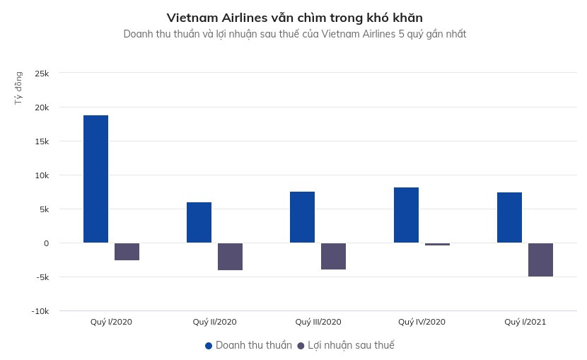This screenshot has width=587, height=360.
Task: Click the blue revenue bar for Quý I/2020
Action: pyautogui.click(x=95, y=179)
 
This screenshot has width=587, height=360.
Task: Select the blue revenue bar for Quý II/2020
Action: pyautogui.click(x=199, y=222)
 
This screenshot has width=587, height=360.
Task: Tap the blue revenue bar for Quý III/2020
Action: pyautogui.click(x=302, y=217)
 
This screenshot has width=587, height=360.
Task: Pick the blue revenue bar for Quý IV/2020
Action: pyautogui.click(x=406, y=215)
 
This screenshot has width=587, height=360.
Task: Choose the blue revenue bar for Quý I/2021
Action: pyautogui.click(x=509, y=217)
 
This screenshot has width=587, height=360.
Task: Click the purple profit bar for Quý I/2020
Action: pyautogui.click(x=127, y=252)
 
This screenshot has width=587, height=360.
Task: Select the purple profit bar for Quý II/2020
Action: pyautogui.click(x=230, y=257)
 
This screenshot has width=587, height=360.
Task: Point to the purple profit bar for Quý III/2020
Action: pyautogui.click(x=333, y=256)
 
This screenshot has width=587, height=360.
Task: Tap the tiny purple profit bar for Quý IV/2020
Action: pyautogui.click(x=437, y=244)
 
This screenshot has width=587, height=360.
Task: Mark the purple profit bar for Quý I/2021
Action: pyautogui.click(x=540, y=260)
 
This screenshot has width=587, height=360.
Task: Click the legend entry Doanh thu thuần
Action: pyautogui.click(x=248, y=345)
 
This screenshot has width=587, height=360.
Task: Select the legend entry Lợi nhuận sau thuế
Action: pyautogui.click(x=346, y=345)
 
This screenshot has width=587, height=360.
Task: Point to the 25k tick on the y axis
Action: pyautogui.click(x=40, y=74)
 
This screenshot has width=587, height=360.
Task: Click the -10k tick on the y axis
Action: pyautogui.click(x=39, y=311)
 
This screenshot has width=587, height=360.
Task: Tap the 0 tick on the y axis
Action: pyautogui.click(x=46, y=243)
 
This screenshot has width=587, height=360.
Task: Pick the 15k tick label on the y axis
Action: pyautogui.click(x=40, y=141)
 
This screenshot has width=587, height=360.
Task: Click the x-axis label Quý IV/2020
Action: pyautogui.click(x=422, y=322)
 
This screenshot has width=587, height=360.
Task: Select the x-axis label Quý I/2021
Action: pyautogui.click(x=525, y=322)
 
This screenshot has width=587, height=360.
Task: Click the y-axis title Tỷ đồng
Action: pyautogui.click(x=18, y=88)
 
